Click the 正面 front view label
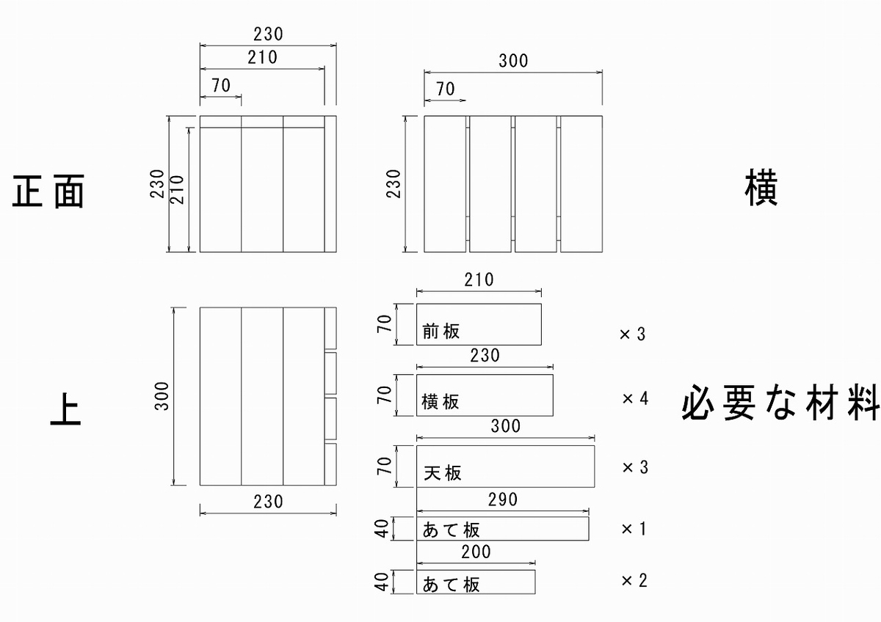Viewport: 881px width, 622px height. [x=48, y=191]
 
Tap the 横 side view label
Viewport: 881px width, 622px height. [x=761, y=188]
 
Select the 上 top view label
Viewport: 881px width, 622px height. [x=65, y=409]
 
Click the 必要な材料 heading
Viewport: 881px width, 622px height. [x=780, y=403]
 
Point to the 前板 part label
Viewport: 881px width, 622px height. [x=441, y=332]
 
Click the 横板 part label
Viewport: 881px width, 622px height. [x=440, y=401]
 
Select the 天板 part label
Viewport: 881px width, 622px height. [x=443, y=472]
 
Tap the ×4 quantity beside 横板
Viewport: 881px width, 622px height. [x=635, y=398]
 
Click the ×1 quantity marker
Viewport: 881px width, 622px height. [x=634, y=529]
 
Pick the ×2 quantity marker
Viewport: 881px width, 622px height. [x=634, y=580]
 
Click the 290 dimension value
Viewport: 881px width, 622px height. [x=503, y=500]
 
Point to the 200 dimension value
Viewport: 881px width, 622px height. [x=476, y=552]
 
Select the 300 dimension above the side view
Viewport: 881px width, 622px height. [x=513, y=61]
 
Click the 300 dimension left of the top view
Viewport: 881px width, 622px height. [x=162, y=396]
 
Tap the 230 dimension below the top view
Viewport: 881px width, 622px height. [x=268, y=502]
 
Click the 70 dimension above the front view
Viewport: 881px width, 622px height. [x=221, y=85]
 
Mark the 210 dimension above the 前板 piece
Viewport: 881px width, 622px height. [x=479, y=279]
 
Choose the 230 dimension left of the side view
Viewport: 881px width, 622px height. [x=394, y=183]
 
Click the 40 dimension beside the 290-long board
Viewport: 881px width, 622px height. [x=382, y=529]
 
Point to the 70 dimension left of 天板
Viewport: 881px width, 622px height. [x=385, y=466]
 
